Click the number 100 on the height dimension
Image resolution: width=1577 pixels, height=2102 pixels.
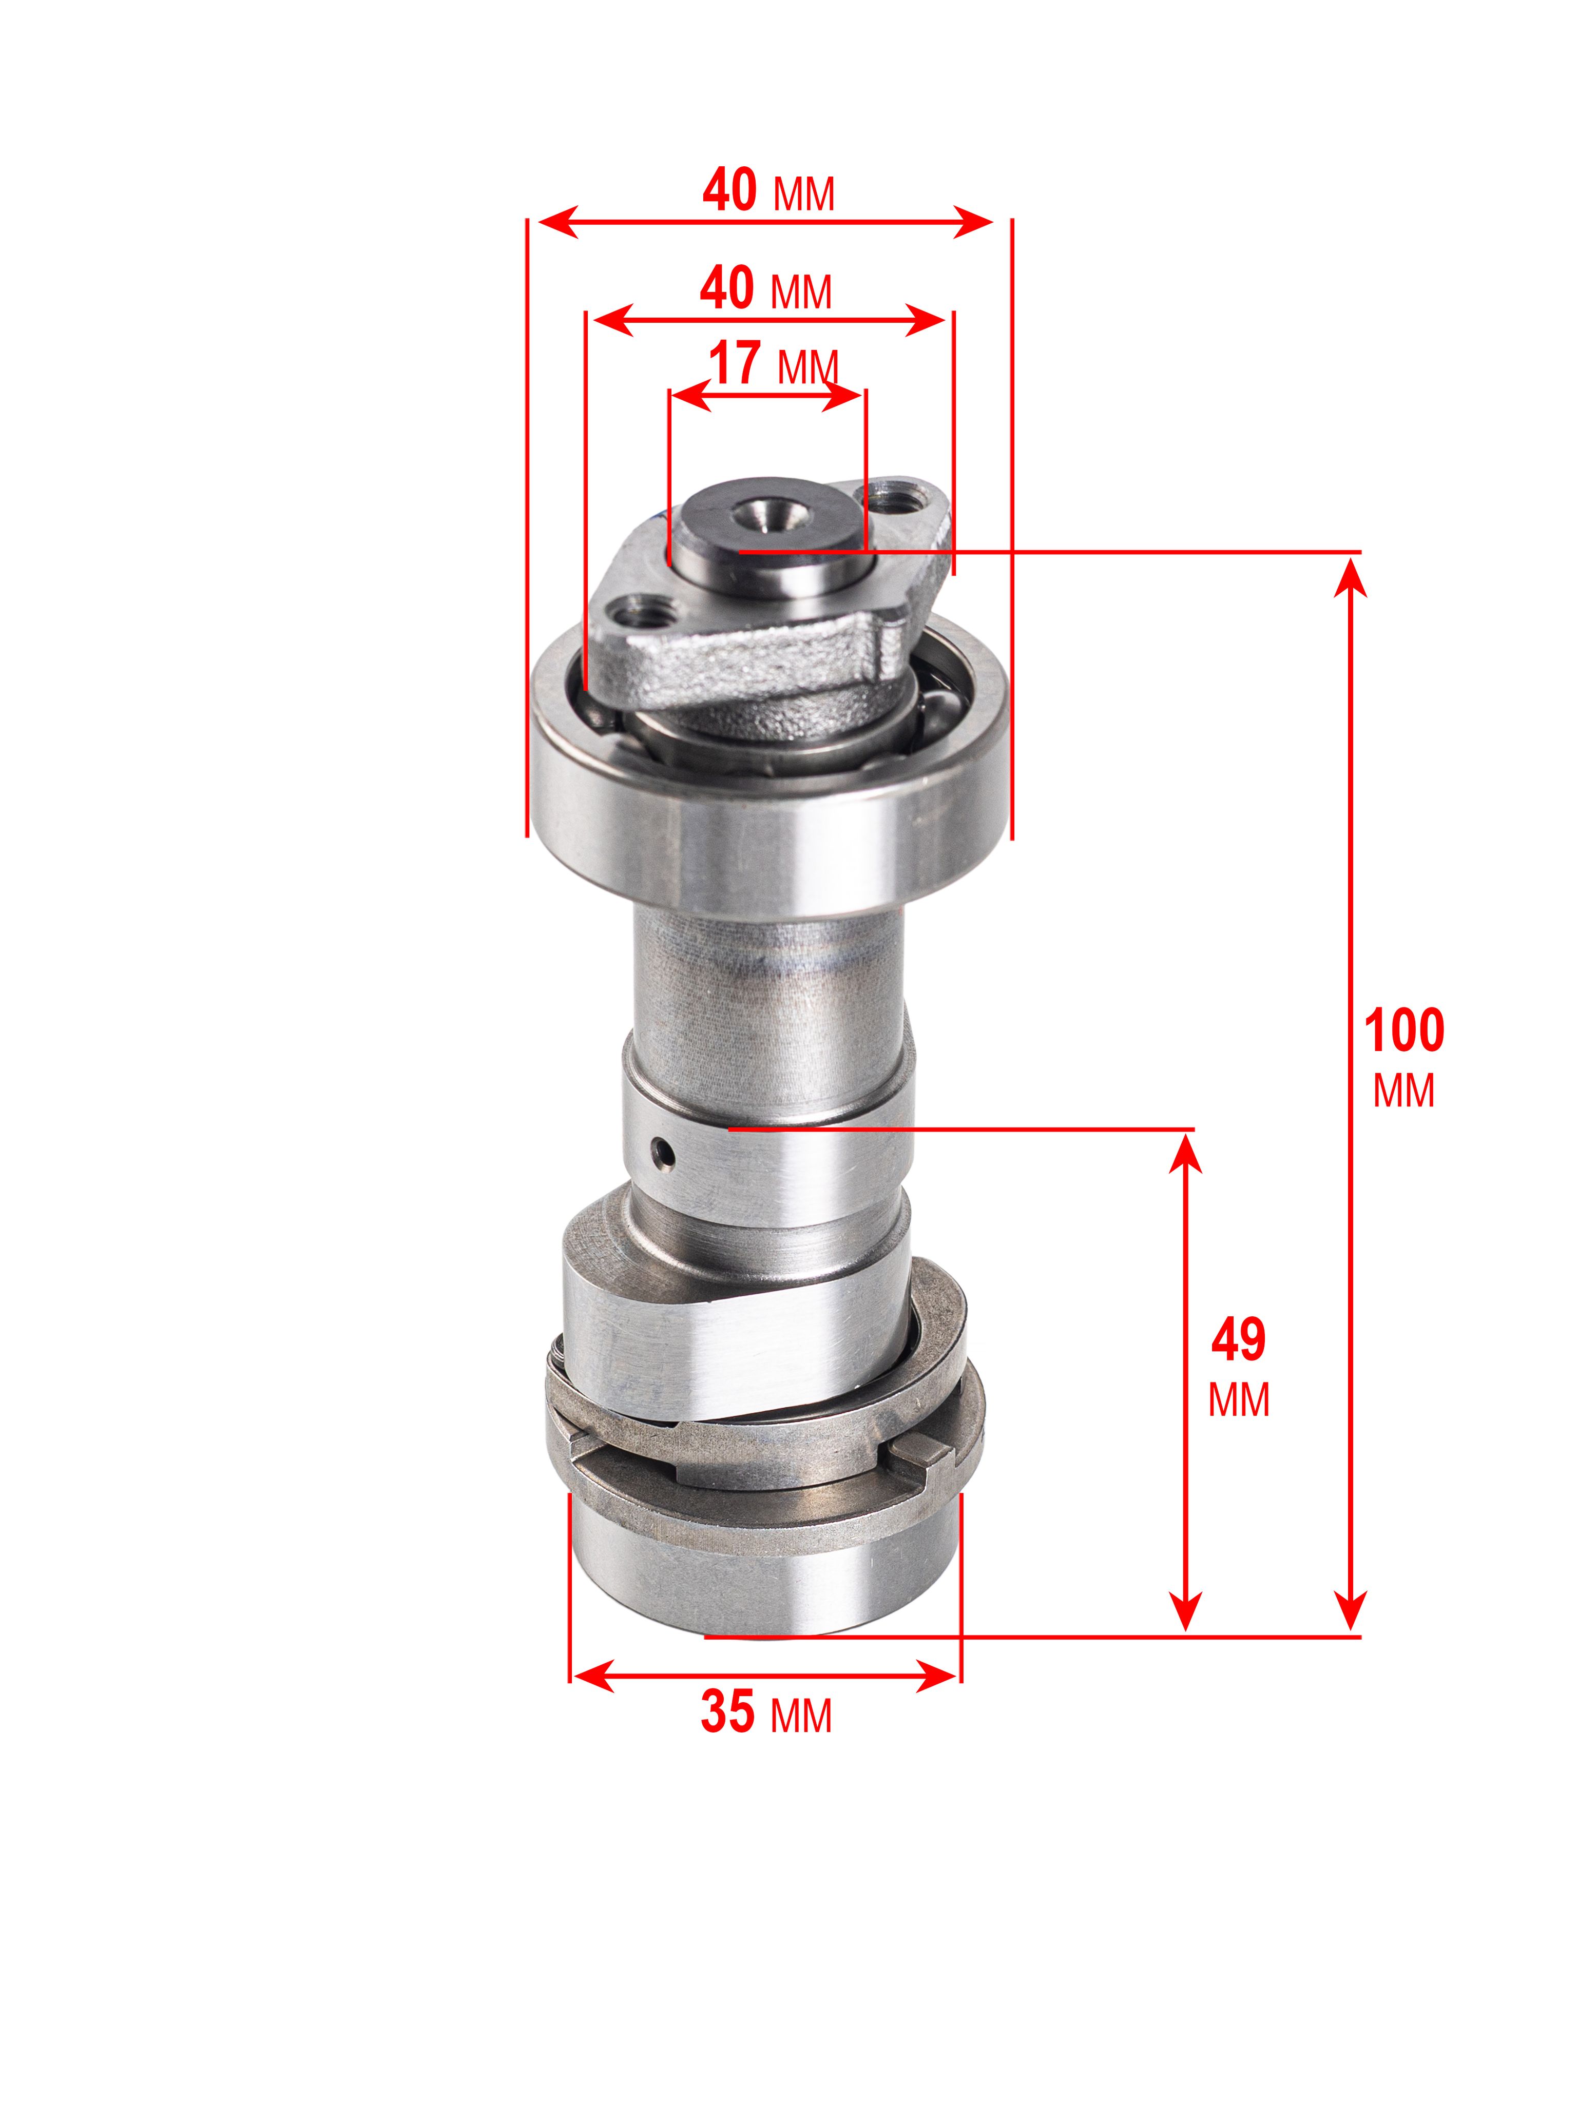[x=1403, y=1030]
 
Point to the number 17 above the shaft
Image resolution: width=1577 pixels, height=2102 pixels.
[x=735, y=364]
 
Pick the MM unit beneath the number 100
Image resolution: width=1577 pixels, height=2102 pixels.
[x=1403, y=1091]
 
